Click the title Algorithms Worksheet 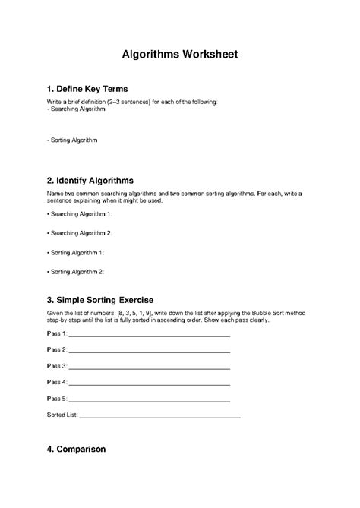click(180, 55)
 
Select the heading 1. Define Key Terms click(90, 89)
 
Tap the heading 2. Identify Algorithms click(90, 181)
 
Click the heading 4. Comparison click(76, 449)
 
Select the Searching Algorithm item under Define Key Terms click(76, 109)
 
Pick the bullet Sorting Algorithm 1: click(76, 251)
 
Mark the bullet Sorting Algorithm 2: click(76, 270)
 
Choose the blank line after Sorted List click(159, 416)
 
